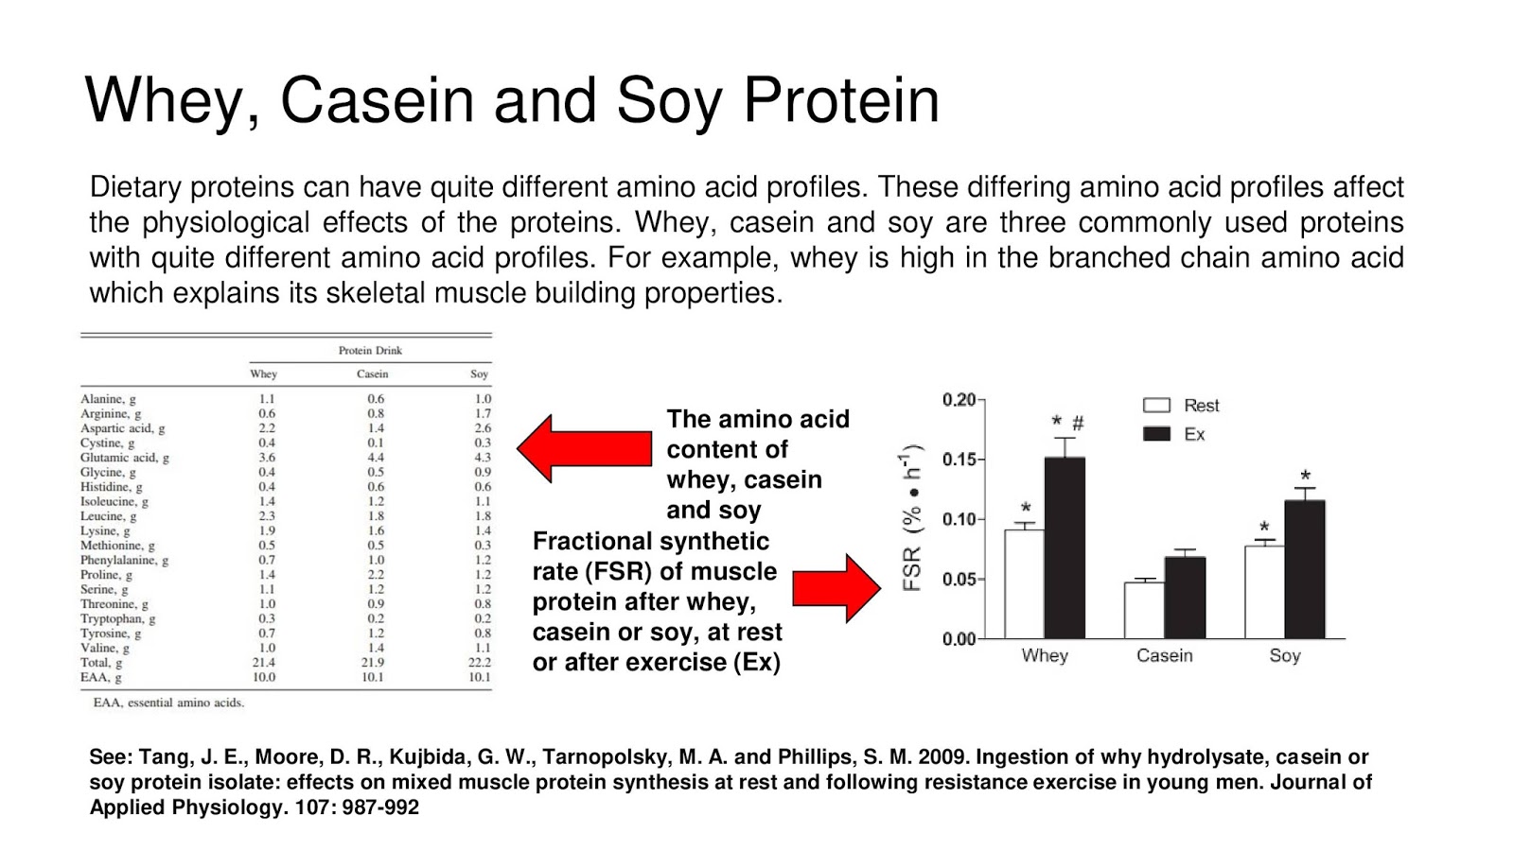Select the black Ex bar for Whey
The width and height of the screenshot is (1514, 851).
pyautogui.click(x=1065, y=548)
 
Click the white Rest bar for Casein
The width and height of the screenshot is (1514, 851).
pyautogui.click(x=1144, y=610)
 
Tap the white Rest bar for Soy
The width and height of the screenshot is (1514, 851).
pyautogui.click(x=1264, y=592)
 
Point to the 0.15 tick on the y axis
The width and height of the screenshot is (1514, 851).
pyautogui.click(x=959, y=460)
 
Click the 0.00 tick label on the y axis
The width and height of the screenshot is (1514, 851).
pyautogui.click(x=959, y=639)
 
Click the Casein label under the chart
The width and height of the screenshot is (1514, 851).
pyautogui.click(x=1164, y=655)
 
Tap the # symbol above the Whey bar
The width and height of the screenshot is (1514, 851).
pyautogui.click(x=1078, y=424)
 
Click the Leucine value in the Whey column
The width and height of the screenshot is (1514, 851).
pyautogui.click(x=267, y=516)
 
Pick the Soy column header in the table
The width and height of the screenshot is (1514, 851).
pyautogui.click(x=479, y=374)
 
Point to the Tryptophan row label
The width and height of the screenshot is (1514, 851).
pyautogui.click(x=117, y=618)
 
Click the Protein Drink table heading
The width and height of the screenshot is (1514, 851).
pyautogui.click(x=370, y=351)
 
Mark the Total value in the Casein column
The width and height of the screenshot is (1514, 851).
pyautogui.click(x=376, y=662)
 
